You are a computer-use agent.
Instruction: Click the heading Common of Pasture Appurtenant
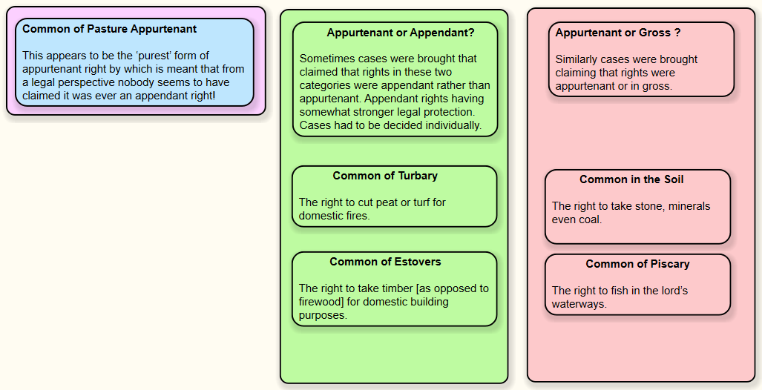coord(110,30)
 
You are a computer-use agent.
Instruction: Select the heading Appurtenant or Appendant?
coord(401,33)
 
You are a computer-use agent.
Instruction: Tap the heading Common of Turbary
coord(385,176)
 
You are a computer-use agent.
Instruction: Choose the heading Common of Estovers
coord(385,262)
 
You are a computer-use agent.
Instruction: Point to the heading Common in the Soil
coord(631,179)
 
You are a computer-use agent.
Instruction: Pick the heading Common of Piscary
coord(637,264)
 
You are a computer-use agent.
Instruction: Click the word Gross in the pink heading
coord(654,33)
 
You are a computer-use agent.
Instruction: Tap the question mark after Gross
coord(677,33)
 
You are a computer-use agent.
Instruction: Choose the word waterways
coord(579,304)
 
